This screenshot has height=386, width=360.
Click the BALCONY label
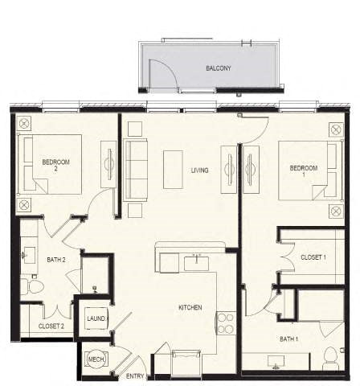point(218,68)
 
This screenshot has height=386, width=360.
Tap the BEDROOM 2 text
point(56,166)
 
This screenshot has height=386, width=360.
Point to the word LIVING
point(201,170)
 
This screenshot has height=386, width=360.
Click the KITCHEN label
point(190,308)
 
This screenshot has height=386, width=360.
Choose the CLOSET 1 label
point(313,257)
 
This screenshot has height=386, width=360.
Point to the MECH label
point(96,359)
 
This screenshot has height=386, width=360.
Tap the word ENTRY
point(135,376)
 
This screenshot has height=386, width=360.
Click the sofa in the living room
point(137,170)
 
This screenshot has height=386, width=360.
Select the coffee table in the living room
point(173,169)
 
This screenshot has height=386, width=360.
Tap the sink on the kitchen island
point(195,262)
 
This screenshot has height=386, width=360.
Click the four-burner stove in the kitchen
point(224,323)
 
